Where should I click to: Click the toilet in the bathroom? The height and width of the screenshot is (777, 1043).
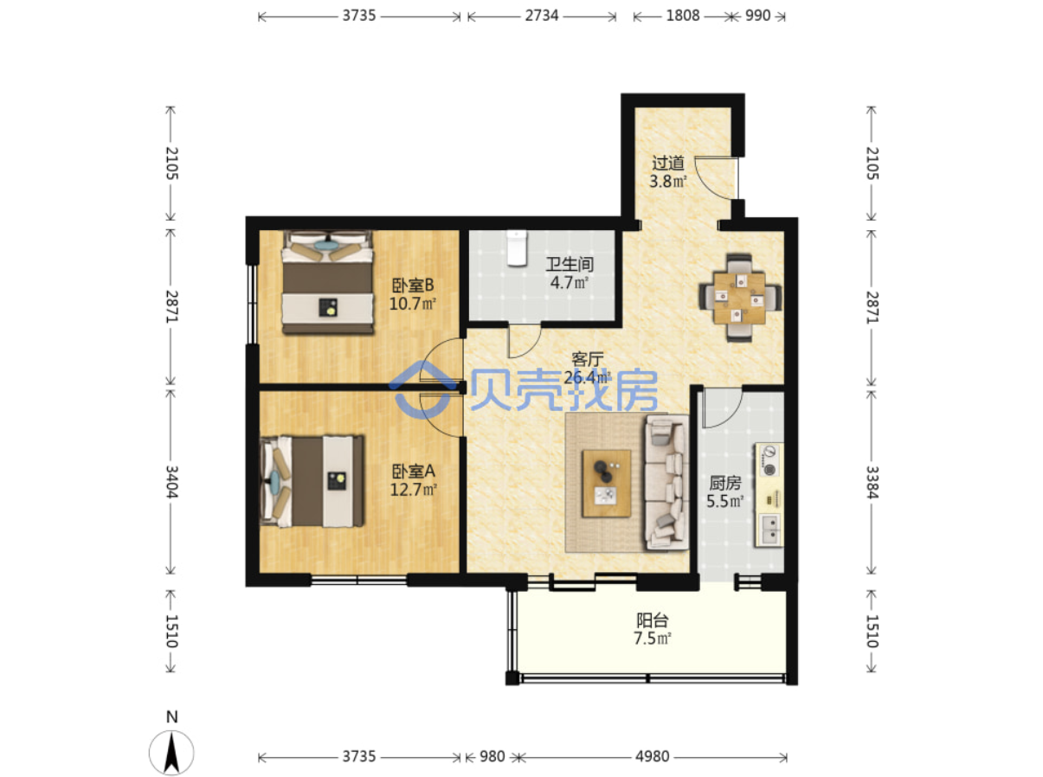click(x=516, y=247)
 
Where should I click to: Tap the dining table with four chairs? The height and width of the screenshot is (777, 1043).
click(x=739, y=298)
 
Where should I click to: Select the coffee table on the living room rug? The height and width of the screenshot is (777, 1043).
click(x=607, y=483)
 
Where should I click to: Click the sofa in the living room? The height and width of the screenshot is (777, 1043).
click(x=666, y=482)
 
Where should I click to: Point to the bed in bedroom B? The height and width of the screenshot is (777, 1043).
click(x=327, y=283)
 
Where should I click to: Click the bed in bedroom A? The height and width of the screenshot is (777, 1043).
click(x=312, y=482)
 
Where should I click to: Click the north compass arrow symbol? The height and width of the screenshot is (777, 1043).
click(x=171, y=752)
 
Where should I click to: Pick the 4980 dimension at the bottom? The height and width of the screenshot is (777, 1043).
click(x=652, y=756)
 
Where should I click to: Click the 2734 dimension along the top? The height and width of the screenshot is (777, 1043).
click(x=542, y=16)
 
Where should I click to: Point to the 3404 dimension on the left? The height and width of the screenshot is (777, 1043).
click(x=171, y=482)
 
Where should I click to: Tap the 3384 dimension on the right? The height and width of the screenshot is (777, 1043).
click(x=872, y=482)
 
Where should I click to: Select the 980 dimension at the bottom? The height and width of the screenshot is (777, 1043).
click(x=492, y=756)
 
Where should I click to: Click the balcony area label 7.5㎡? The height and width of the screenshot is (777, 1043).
click(x=652, y=639)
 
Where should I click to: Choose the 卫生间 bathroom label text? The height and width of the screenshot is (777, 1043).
click(x=570, y=264)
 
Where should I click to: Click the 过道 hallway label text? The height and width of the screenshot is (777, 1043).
click(x=667, y=163)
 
